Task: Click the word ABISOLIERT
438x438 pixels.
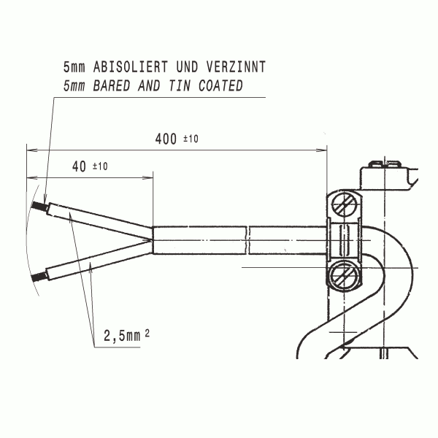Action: click(x=131, y=66)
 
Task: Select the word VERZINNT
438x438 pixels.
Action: click(x=236, y=66)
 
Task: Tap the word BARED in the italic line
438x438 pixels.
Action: click(x=112, y=85)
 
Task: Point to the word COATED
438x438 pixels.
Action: click(x=220, y=85)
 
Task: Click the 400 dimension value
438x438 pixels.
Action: click(x=166, y=139)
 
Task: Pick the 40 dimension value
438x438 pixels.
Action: click(x=79, y=166)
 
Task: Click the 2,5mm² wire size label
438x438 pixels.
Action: click(x=126, y=335)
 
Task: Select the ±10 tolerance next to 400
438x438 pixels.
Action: click(x=191, y=139)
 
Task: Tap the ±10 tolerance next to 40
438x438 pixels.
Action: click(x=100, y=166)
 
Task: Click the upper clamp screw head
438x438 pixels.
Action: click(x=345, y=204)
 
